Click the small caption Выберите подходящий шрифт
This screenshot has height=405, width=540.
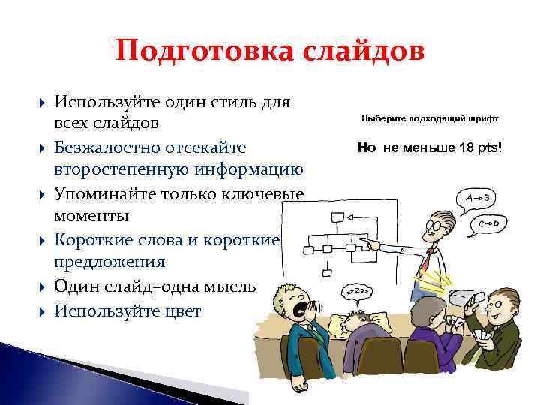[429, 118]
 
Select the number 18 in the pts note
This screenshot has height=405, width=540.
[467, 148]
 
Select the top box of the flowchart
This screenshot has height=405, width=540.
[337, 218]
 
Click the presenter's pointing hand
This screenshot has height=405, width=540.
[364, 241]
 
